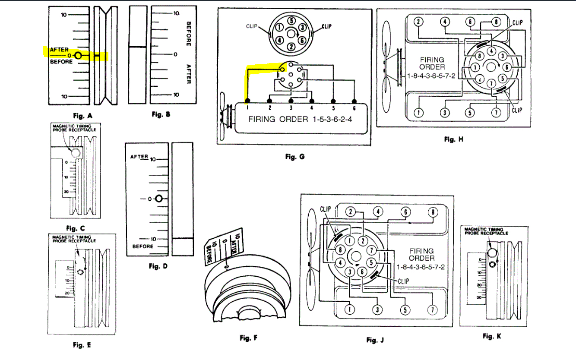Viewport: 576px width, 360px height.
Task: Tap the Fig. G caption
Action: click(295, 157)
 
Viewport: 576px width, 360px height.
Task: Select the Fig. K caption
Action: click(492, 336)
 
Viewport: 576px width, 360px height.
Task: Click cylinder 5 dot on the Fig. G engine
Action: click(333, 101)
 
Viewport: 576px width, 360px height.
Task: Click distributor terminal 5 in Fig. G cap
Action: click(292, 21)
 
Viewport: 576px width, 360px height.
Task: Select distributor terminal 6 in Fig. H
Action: click(508, 67)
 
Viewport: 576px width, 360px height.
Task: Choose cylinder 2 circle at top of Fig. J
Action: click(350, 212)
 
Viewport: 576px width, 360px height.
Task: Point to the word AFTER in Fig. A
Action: click(60, 50)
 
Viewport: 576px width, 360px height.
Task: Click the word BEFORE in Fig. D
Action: click(143, 246)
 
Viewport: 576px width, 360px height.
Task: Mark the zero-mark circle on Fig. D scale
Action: click(158, 199)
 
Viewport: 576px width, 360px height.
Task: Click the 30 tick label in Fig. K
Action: click(479, 298)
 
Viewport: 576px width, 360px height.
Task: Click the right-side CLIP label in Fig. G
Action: click(327, 27)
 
